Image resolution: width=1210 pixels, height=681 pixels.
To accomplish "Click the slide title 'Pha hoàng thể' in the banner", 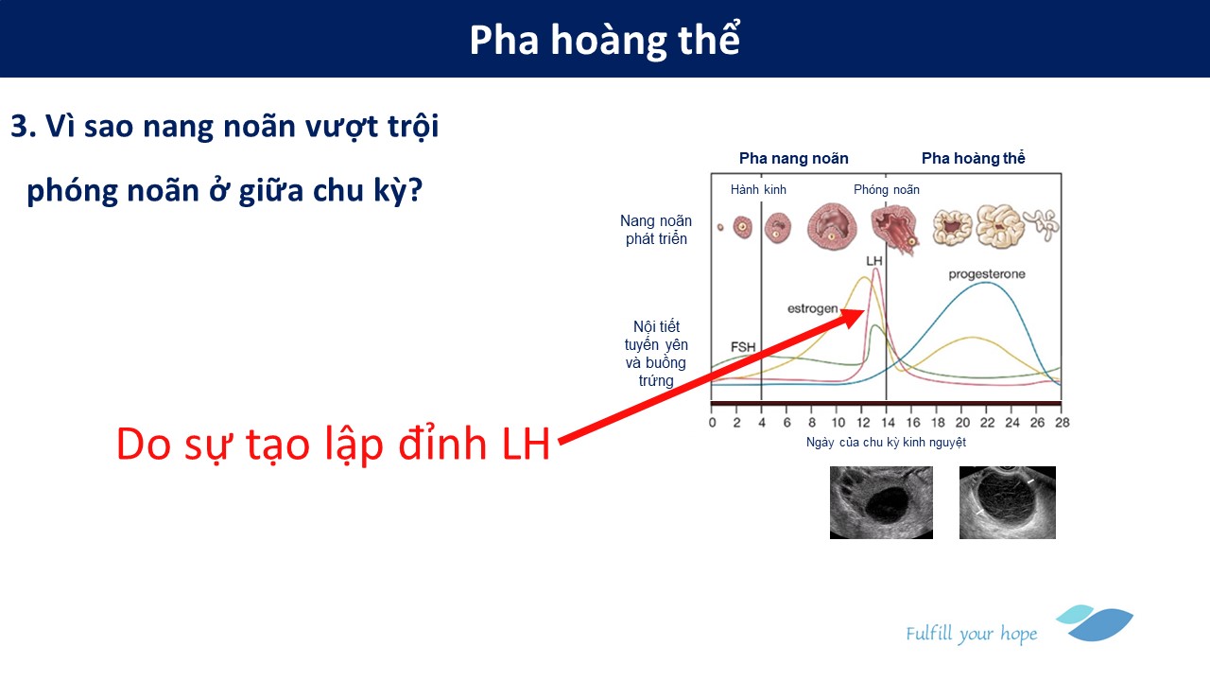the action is (x=604, y=40).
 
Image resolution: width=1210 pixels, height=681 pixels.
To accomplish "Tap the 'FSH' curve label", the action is (x=743, y=347).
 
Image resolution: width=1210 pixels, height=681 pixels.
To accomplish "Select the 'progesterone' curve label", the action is (x=987, y=274).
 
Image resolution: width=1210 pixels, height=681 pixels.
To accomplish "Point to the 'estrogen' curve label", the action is (x=812, y=308).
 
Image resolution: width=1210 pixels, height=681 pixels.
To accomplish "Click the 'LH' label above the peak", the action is (x=874, y=261).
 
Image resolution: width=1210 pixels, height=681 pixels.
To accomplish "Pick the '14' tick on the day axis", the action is (x=888, y=423).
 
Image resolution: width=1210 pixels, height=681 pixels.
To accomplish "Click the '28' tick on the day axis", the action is (x=1062, y=423).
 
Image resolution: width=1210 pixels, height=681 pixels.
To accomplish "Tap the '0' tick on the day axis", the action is (x=713, y=423).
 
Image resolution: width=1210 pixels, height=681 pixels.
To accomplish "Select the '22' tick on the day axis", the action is (x=987, y=423).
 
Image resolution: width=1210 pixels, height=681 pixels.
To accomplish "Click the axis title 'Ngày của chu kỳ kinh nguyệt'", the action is (x=886, y=443).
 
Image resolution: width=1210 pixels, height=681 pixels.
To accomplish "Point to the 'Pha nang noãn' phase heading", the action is (x=793, y=158).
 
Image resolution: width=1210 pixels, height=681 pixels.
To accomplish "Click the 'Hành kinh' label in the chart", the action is (x=758, y=190).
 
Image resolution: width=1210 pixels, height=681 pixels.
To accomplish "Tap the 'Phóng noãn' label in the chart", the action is (x=887, y=190).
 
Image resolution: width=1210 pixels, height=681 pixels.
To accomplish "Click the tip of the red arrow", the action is (x=864, y=311).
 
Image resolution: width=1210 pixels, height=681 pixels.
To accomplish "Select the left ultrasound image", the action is (x=881, y=502).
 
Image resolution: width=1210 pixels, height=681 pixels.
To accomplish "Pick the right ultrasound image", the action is (x=1008, y=502).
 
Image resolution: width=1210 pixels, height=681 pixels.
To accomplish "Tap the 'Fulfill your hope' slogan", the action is (x=971, y=634).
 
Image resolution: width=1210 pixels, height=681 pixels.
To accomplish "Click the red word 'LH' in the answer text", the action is (x=526, y=445).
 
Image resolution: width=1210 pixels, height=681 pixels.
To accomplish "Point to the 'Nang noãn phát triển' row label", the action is (x=656, y=230).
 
